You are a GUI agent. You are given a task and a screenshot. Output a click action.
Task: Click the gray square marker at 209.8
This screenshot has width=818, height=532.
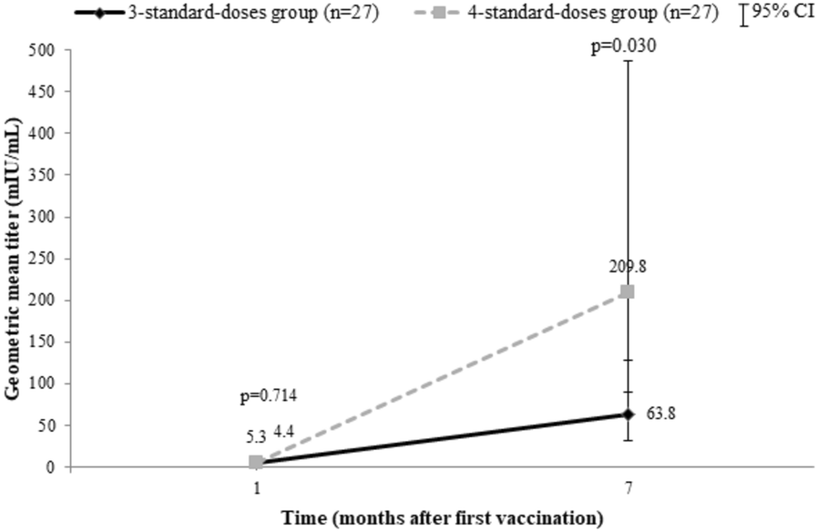click(627, 292)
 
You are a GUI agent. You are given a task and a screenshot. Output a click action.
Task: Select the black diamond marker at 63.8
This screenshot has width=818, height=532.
click(627, 414)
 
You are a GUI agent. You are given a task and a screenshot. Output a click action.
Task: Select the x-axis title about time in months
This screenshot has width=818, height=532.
click(442, 518)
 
